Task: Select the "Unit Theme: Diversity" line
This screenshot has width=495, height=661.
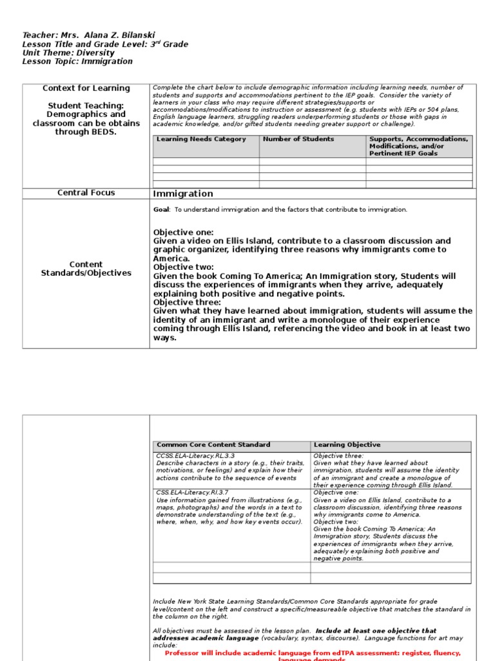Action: pyautogui.click(x=68, y=53)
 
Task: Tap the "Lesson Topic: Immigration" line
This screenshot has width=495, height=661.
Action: pyautogui.click(x=77, y=62)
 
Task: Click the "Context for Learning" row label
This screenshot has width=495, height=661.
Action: pyautogui.click(x=86, y=88)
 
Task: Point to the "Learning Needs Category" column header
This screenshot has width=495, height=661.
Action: pyautogui.click(x=201, y=139)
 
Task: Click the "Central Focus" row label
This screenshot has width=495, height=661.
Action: pyautogui.click(x=86, y=193)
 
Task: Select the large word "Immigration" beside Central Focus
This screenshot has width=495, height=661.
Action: pyautogui.click(x=183, y=194)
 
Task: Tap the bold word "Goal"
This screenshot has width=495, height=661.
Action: pyautogui.click(x=160, y=210)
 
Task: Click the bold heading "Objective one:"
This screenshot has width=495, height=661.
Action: pyautogui.click(x=183, y=232)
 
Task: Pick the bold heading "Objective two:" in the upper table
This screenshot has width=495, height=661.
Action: pyautogui.click(x=184, y=267)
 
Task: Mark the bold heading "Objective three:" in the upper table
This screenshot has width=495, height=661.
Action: pyautogui.click(x=187, y=302)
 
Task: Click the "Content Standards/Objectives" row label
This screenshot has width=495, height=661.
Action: pyautogui.click(x=86, y=269)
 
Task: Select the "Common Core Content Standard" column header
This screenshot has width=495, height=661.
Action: pyautogui.click(x=213, y=445)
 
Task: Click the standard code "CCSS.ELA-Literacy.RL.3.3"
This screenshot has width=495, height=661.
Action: pyautogui.click(x=196, y=456)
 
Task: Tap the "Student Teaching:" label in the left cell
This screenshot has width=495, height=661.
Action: pyautogui.click(x=86, y=106)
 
